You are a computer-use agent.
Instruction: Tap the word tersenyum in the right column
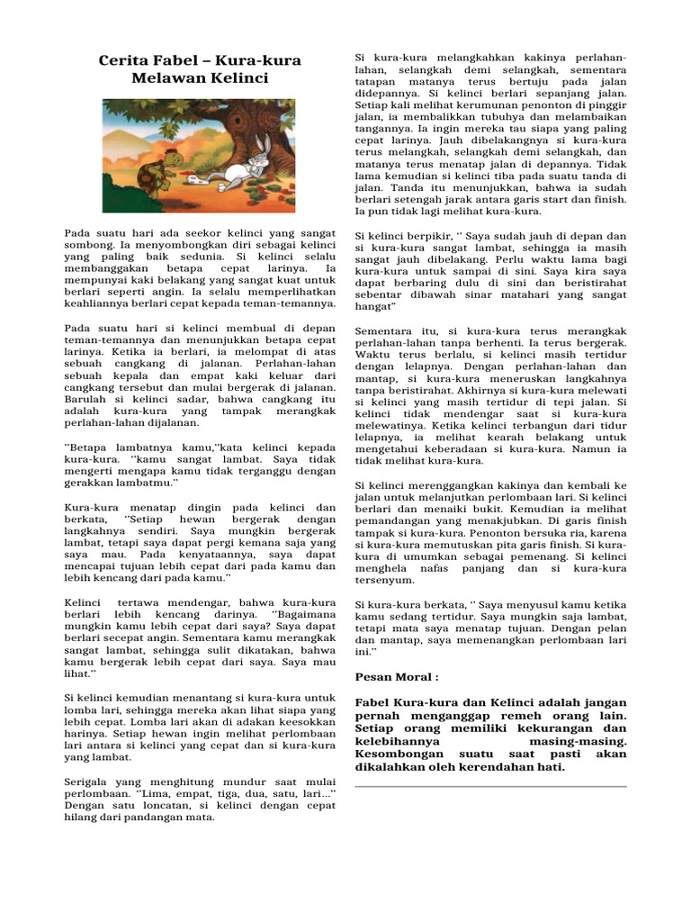click(x=384, y=581)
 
